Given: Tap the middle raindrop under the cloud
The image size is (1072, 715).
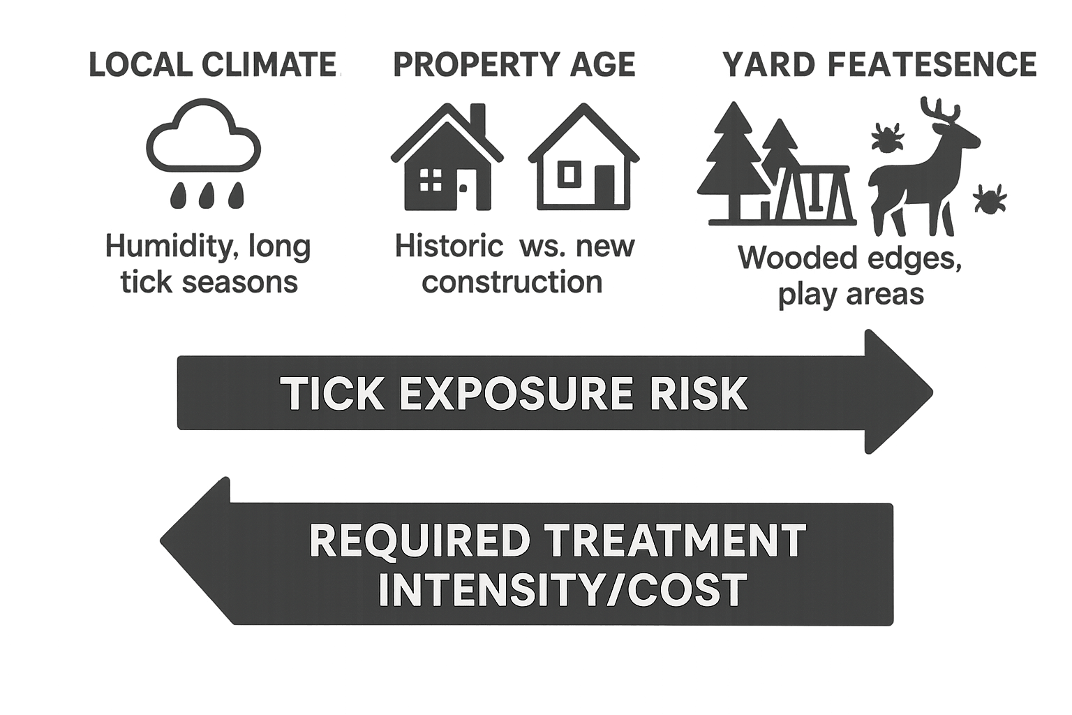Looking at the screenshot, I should click(x=205, y=196).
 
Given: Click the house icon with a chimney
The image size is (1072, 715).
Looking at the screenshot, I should click(x=445, y=159).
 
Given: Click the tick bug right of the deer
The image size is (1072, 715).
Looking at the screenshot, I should click(x=990, y=200).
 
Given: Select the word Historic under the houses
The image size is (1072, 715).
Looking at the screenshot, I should click(x=449, y=246).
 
